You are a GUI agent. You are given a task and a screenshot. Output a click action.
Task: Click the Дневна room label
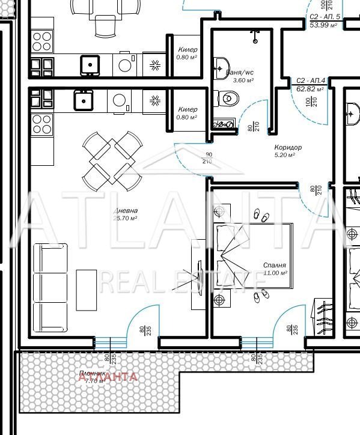point(125,211)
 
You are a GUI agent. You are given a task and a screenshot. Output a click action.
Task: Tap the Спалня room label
point(274,265)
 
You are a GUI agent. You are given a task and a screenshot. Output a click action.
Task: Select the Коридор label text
point(287,147)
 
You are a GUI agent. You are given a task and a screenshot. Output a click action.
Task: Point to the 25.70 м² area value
point(125,218)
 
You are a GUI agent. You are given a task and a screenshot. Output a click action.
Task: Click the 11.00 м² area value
point(275,273)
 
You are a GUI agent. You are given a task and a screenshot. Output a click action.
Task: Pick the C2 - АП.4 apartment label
point(311,81)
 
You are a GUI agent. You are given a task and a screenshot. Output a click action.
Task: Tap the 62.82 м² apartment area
point(311,88)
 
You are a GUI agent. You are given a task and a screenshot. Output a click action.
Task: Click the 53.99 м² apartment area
point(325,25)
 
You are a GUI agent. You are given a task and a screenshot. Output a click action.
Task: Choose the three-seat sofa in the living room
point(50,286)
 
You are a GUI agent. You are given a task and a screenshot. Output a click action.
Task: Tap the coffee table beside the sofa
point(87,290)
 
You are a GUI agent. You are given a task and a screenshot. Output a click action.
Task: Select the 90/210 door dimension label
point(208,157)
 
